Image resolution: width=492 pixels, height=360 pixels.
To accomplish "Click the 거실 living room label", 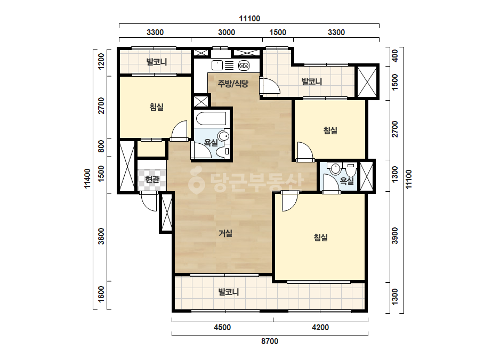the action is click(x=225, y=233).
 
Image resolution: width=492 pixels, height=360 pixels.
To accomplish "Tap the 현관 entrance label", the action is click(x=152, y=179).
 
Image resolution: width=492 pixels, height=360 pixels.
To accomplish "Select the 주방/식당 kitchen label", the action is click(x=233, y=84).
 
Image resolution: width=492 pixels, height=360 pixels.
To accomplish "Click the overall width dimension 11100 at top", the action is click(x=249, y=19).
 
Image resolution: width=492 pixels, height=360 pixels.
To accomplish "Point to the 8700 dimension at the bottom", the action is click(x=270, y=341).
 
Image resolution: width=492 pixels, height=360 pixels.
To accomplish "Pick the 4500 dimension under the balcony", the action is click(x=222, y=328).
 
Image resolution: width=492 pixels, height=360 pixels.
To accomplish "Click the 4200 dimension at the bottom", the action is click(x=320, y=328).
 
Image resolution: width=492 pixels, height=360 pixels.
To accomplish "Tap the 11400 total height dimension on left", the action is click(x=87, y=178).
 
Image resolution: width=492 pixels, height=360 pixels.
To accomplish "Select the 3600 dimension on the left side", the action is click(x=101, y=236).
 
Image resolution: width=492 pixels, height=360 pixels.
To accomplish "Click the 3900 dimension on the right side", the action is click(x=395, y=235).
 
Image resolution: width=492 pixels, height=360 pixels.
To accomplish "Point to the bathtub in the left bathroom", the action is click(x=211, y=119).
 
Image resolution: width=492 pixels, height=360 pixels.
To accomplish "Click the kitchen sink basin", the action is click(x=217, y=65).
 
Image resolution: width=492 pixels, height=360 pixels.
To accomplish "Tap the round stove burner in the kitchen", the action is click(x=244, y=66).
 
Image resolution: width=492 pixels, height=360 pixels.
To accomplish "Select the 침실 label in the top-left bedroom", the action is click(x=157, y=107).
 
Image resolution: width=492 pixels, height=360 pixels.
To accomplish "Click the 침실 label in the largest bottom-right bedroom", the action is click(x=321, y=238).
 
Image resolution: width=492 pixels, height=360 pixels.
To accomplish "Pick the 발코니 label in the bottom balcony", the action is click(x=229, y=292).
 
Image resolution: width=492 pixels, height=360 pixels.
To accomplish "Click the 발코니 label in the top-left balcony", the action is click(x=157, y=62).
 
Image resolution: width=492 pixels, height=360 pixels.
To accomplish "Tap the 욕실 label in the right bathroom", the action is click(x=347, y=181).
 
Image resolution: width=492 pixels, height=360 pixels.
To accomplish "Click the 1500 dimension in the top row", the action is click(x=278, y=32).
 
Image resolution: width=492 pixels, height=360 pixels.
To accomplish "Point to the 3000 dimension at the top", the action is click(x=227, y=32).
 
